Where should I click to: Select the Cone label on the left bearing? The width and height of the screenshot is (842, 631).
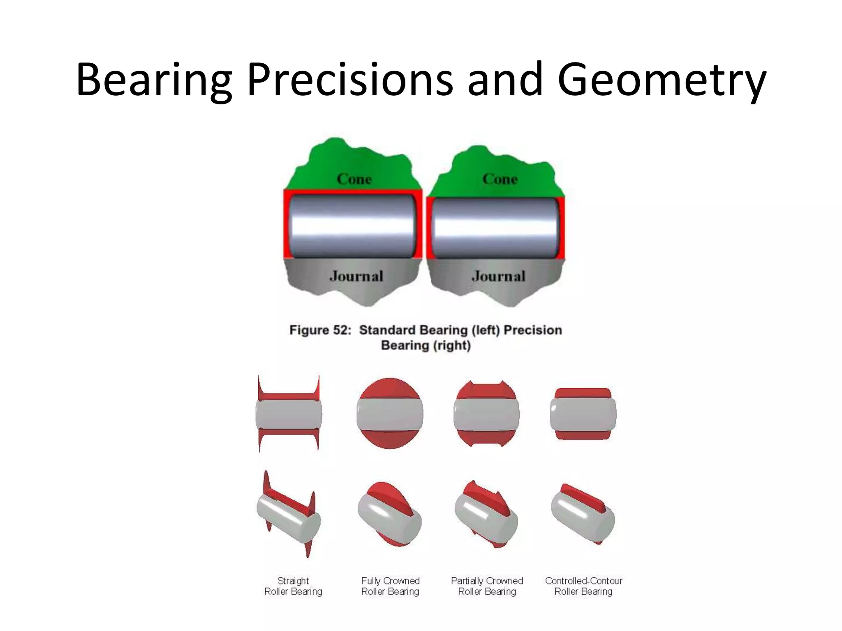354,179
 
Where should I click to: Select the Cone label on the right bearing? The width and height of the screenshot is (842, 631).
500,179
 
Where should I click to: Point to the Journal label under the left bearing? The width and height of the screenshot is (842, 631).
356,276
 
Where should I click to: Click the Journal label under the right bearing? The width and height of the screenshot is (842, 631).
498,276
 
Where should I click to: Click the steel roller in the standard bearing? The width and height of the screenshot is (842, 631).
352,226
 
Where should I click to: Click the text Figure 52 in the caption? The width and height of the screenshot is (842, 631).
320,330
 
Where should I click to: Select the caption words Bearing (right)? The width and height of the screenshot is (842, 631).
426,345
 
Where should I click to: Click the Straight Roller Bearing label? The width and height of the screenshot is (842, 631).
293,586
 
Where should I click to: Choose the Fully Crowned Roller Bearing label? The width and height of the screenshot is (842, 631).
390,586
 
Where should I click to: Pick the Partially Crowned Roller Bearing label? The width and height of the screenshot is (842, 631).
487,586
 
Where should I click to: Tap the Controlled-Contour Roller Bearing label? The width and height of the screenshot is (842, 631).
583,586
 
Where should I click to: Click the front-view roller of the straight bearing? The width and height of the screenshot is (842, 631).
289,414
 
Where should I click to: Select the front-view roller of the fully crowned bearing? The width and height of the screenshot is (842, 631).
390,414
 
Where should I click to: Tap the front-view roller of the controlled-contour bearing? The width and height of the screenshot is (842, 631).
583,414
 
